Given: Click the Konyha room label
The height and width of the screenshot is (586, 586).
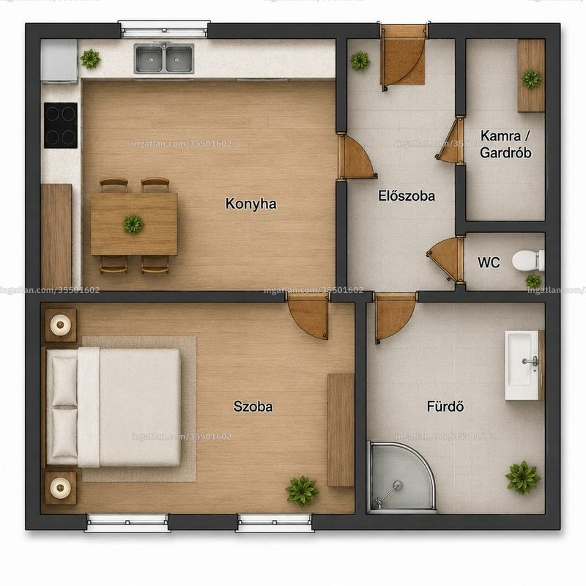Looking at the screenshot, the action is [251, 204].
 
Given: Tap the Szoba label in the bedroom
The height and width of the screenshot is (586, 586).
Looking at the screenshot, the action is [253, 407].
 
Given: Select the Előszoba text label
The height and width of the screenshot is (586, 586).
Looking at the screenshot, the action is [407, 196].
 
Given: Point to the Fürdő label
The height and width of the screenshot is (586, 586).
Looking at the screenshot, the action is [445, 407].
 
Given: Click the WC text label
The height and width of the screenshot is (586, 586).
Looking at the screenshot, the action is [489, 262].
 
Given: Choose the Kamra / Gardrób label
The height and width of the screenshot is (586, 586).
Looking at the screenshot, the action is [505, 144].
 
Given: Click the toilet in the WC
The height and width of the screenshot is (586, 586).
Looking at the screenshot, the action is [527, 260].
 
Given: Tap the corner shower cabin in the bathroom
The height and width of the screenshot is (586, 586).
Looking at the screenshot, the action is [401, 478].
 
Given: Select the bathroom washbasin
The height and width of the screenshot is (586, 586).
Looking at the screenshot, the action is [523, 365].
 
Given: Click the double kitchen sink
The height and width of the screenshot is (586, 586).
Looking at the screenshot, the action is [164, 59].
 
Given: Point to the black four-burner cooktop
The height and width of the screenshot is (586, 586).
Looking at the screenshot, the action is [61, 125].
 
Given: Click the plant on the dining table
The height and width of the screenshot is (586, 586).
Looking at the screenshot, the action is [133, 224].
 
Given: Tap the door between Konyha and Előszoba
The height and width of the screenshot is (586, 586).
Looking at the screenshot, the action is [356, 157].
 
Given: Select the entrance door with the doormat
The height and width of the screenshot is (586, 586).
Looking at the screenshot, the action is [404, 60].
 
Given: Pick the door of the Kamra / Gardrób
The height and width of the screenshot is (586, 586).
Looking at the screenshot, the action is [450, 140].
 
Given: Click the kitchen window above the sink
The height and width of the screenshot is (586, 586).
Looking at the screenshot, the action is [164, 29].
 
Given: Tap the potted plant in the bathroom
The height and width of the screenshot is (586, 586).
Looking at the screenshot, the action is [523, 478].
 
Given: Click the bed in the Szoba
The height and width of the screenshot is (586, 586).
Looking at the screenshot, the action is [114, 407].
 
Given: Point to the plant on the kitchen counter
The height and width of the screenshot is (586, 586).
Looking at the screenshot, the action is [90, 59].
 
